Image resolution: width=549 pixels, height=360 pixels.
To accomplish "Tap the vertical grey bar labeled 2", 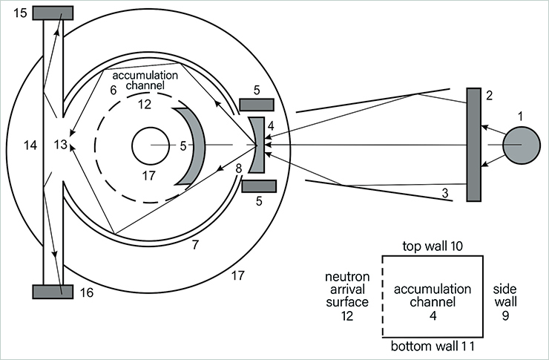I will point(474,144).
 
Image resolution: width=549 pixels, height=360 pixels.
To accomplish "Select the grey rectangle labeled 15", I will point(53,13).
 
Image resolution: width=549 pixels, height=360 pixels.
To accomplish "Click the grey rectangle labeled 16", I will point(53,292).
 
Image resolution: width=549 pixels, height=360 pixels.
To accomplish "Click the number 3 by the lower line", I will point(444,194).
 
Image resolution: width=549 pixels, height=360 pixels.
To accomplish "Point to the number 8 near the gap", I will point(239,168).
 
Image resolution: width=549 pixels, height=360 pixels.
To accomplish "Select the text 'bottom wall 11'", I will point(433,347).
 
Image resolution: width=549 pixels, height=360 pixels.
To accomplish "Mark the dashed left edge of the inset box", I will point(382,297).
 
